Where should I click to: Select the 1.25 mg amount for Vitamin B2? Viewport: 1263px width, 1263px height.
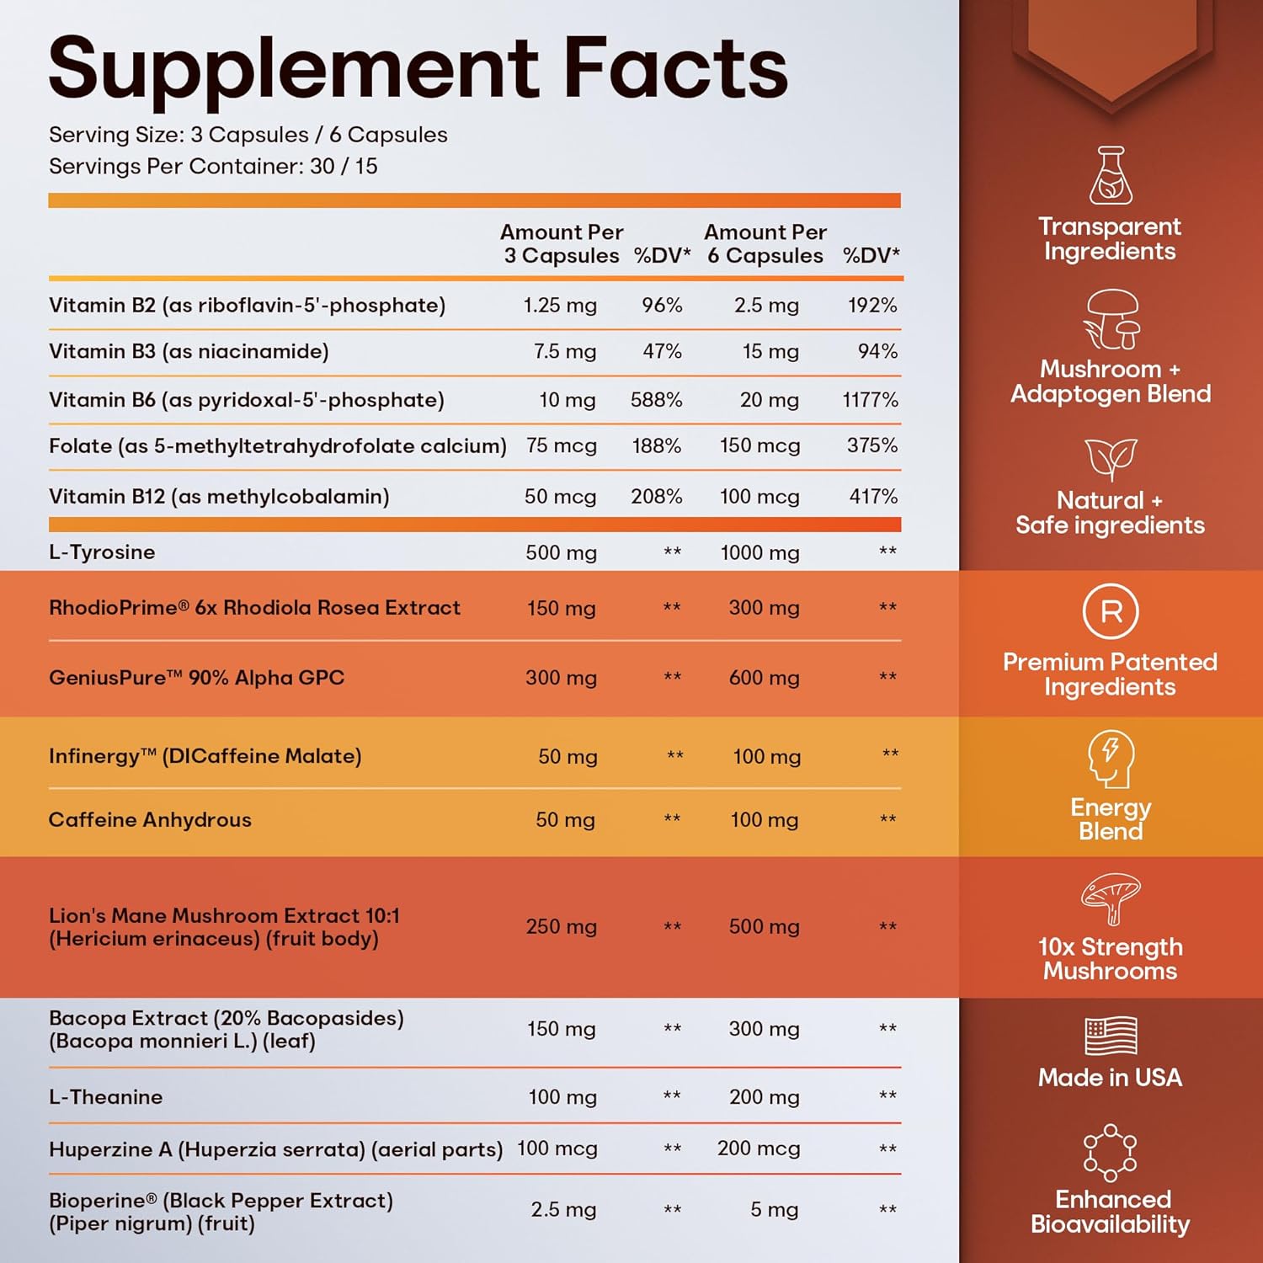click(560, 305)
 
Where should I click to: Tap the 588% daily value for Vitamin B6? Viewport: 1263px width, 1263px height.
click(656, 400)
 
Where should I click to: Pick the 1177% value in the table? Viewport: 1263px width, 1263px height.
click(870, 400)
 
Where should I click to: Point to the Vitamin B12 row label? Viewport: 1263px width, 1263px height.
click(219, 497)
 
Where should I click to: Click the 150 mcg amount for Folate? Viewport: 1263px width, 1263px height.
click(759, 445)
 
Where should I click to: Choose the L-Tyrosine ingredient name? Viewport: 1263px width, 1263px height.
click(102, 552)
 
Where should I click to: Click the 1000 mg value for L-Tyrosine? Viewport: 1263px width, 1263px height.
click(759, 553)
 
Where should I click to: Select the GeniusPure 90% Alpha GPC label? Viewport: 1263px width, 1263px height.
click(196, 678)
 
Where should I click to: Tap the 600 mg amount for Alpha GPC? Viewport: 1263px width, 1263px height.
click(764, 678)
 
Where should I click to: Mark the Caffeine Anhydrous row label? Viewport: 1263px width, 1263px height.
click(150, 820)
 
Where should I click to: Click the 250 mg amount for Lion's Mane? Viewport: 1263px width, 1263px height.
click(561, 927)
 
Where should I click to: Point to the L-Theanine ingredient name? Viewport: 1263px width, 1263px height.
click(105, 1097)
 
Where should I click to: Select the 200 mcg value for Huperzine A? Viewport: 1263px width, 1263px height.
click(758, 1148)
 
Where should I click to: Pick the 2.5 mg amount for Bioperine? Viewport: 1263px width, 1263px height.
click(563, 1210)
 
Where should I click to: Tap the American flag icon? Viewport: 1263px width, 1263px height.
click(1111, 1036)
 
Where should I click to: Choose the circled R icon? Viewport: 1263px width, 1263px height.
click(1111, 611)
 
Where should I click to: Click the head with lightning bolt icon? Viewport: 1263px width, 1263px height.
click(1111, 758)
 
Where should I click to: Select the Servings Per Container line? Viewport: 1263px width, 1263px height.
click(213, 167)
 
